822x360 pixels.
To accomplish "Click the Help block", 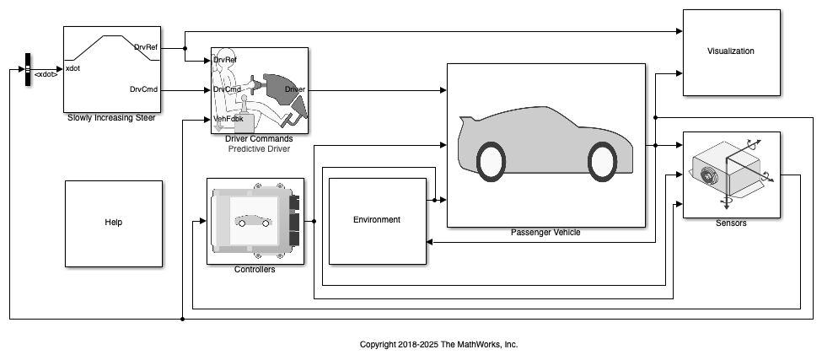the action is (114, 223).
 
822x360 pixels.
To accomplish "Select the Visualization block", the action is (731, 52).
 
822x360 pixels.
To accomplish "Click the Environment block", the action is (378, 221).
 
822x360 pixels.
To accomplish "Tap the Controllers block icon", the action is (255, 221).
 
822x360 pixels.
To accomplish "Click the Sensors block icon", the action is (731, 175).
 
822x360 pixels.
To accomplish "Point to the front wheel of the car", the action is (602, 162).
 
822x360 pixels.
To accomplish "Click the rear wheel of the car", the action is (492, 162).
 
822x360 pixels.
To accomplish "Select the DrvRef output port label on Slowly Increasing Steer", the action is (146, 47).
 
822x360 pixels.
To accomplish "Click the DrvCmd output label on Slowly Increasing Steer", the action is (143, 89).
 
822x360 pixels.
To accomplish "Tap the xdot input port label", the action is (73, 68).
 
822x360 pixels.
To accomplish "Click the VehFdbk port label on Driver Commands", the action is (228, 119).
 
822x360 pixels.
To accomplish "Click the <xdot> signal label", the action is (46, 75).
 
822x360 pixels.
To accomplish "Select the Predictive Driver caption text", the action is (259, 149).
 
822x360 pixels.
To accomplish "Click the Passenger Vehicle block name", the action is (545, 233).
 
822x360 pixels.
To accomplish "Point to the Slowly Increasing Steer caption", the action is (111, 118).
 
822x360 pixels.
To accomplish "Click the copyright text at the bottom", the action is (438, 344).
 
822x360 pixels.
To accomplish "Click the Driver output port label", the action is (294, 89).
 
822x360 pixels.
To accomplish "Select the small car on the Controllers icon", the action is (254, 221).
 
